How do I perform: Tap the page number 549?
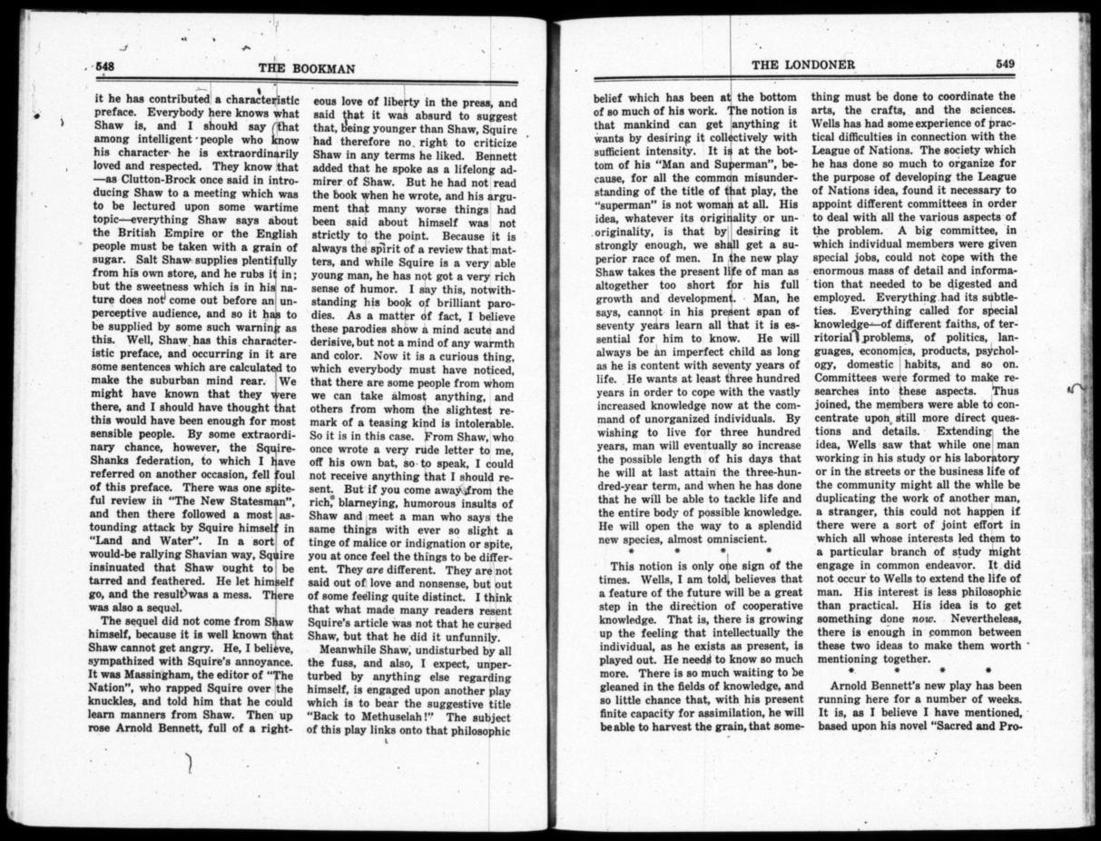[x=1004, y=64]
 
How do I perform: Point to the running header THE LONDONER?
[x=791, y=64]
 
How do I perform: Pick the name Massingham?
[x=141, y=677]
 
